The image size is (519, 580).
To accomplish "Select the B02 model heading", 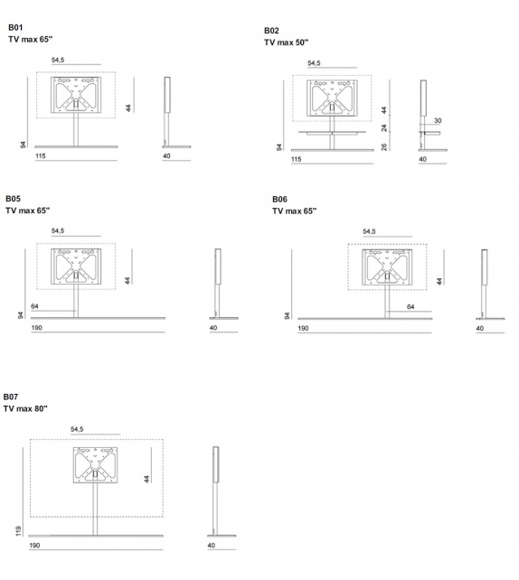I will coord(271,31).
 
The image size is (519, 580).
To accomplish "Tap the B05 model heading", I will coord(13,199).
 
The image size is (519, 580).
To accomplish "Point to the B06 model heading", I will coord(279,199).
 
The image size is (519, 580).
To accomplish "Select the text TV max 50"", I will coord(287,42).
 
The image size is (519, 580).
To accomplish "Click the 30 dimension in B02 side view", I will coord(438,120).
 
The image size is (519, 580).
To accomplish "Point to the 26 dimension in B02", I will coord(384,145).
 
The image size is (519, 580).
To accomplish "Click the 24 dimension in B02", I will coord(384,127).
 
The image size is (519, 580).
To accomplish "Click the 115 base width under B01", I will coord(39,157).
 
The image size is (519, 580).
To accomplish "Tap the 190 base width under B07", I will coord(35,546).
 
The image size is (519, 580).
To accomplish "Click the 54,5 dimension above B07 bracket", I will coord(77,430).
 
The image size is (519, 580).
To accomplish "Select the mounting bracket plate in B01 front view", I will coord(75,94).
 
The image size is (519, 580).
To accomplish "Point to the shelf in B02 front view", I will coord(335,132).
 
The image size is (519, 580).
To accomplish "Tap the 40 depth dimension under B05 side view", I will coord(213,328).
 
